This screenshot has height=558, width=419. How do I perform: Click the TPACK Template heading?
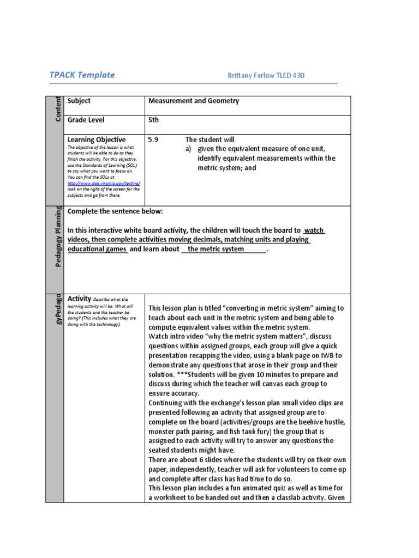pos(82,75)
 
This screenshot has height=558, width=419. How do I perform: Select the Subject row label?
pos(79,101)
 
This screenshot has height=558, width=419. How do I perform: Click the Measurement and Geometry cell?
pos(194,101)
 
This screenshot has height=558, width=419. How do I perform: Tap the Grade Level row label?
pos(86,120)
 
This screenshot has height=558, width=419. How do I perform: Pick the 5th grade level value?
pos(153,120)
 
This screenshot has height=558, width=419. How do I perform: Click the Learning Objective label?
pos(96,139)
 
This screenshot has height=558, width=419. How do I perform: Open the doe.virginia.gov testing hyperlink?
pos(103,184)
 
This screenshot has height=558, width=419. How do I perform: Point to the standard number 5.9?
pos(153,139)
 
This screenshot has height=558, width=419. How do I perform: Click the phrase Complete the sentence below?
pos(115,211)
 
